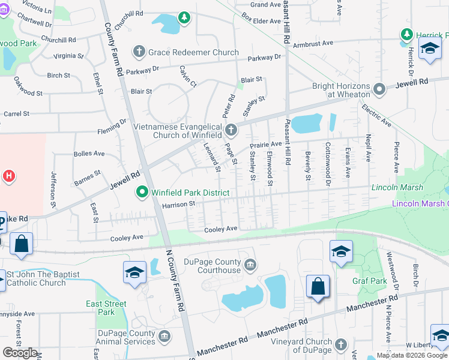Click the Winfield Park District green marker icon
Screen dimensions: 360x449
[x=142, y=193]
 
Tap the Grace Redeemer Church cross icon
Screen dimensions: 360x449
[x=139, y=52]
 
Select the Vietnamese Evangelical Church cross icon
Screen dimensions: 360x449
[x=231, y=130]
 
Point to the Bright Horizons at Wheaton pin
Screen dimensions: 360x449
[x=379, y=90]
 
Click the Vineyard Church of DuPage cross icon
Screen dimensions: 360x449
[x=341, y=345]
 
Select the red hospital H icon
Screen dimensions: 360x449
[x=8, y=176]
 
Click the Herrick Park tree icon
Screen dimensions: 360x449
[x=406, y=35]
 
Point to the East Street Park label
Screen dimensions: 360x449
[x=106, y=308]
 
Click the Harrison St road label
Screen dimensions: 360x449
[x=179, y=204]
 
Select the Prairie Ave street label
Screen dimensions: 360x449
[x=266, y=145]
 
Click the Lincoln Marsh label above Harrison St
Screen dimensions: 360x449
[x=397, y=188]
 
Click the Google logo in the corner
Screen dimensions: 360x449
[x=20, y=353]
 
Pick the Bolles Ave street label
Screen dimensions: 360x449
[x=89, y=154]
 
